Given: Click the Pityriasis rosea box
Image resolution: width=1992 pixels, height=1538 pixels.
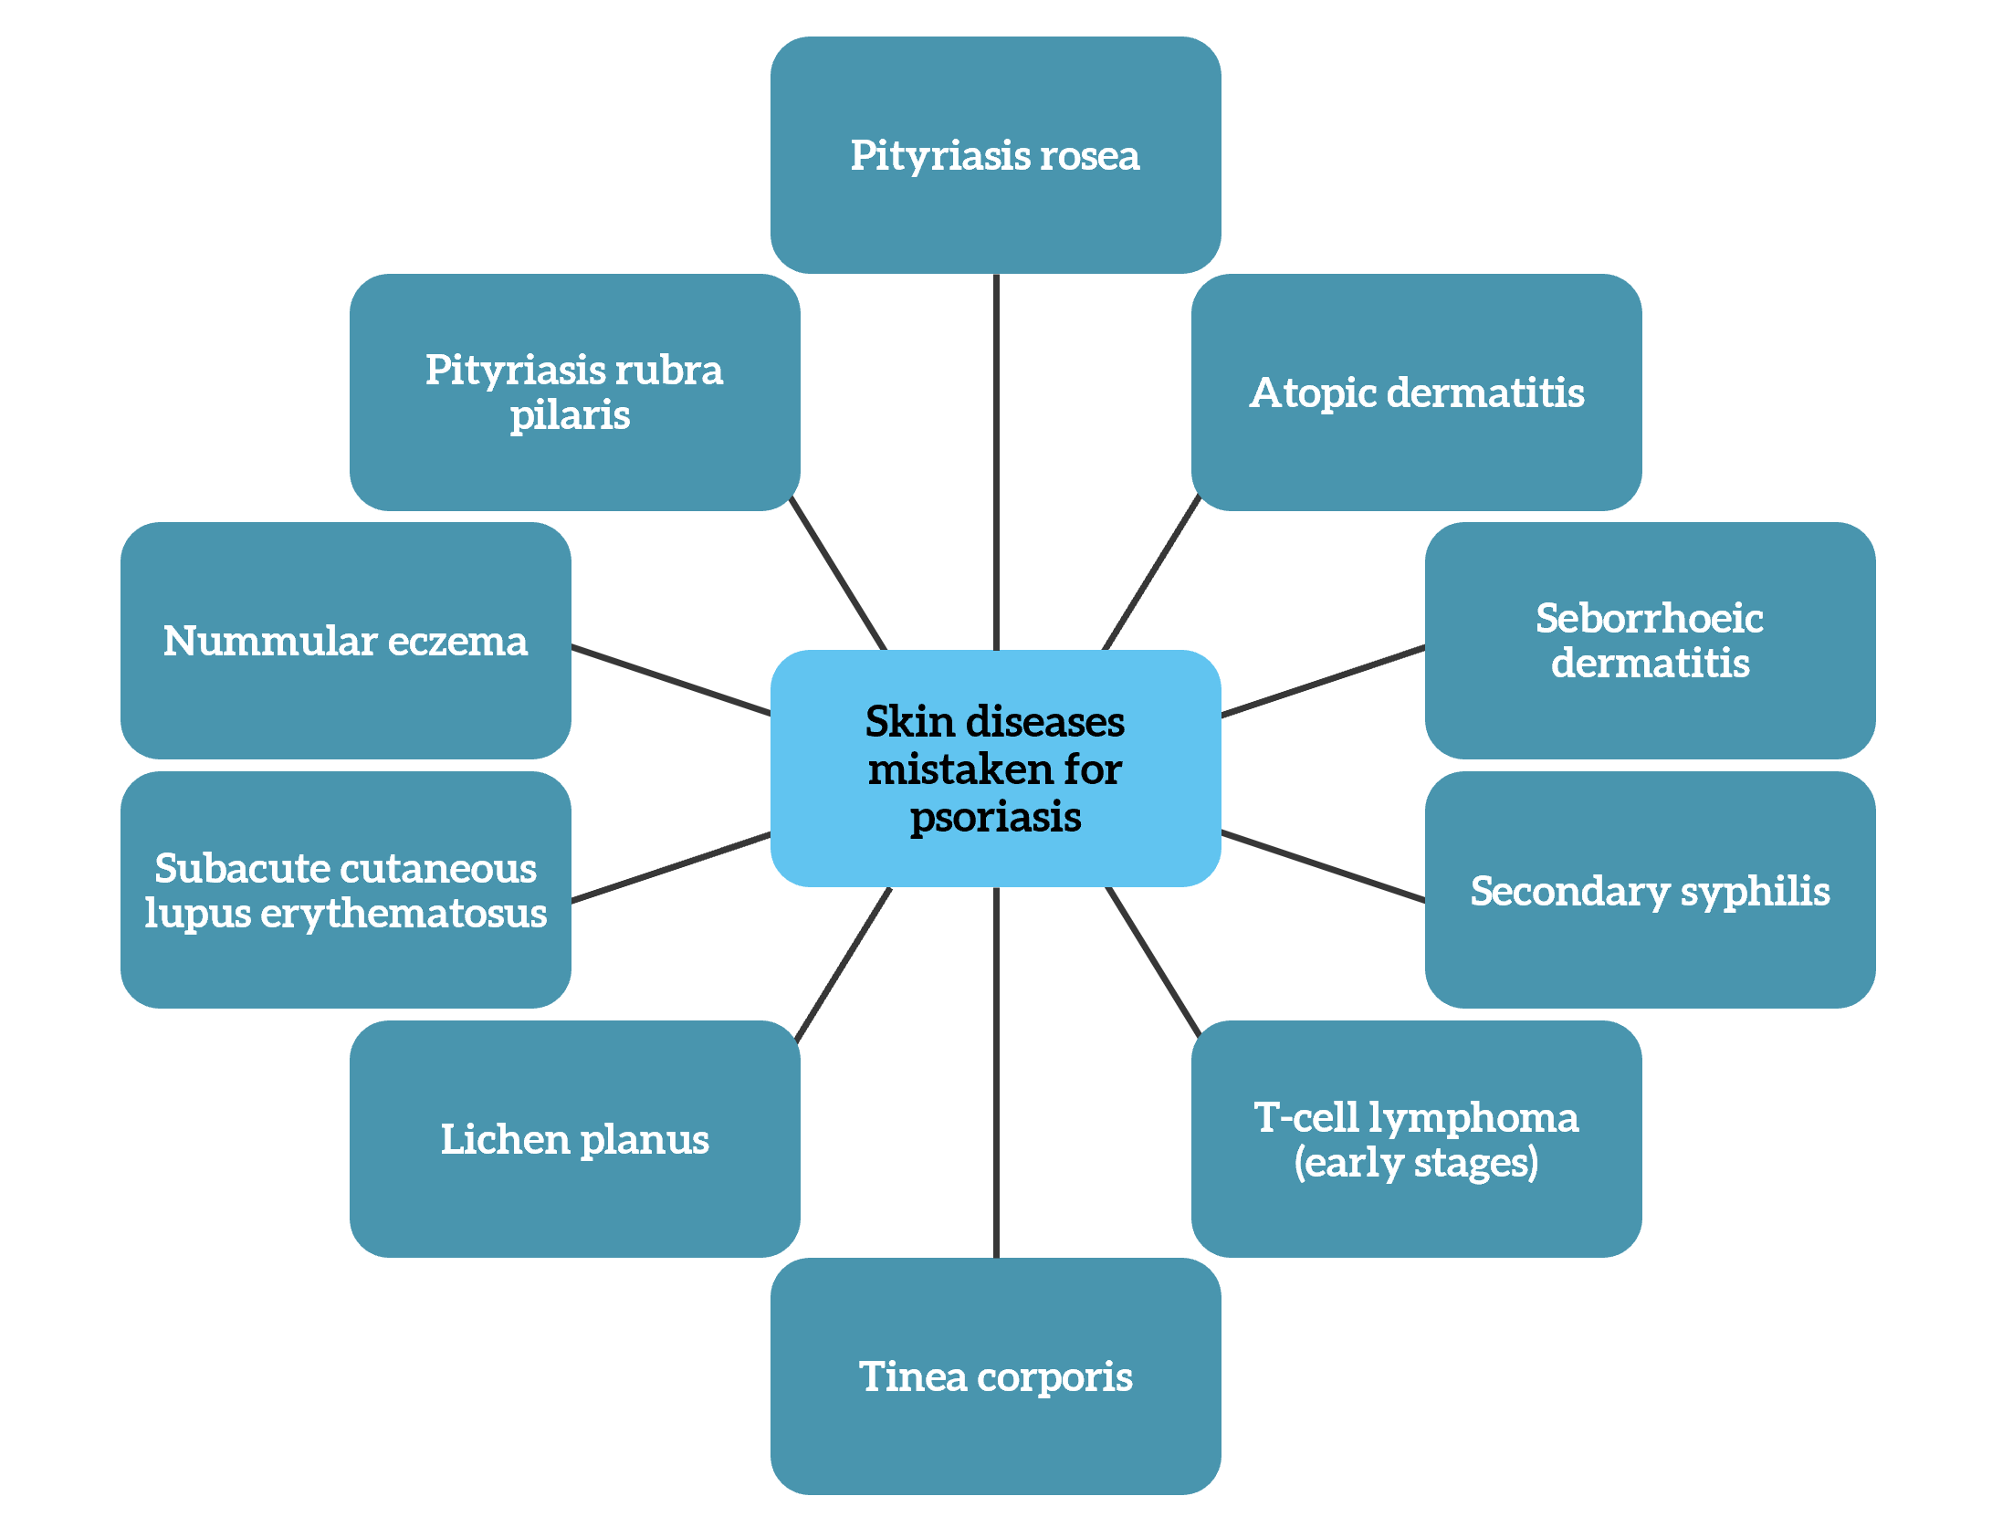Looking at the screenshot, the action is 995,155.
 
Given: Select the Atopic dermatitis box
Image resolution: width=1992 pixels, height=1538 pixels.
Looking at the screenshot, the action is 1416,392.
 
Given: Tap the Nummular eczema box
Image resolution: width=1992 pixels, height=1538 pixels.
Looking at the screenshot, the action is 346,641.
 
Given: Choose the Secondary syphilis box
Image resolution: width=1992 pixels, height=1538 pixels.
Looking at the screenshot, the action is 1650,890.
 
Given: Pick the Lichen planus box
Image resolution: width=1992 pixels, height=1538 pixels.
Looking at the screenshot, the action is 575,1139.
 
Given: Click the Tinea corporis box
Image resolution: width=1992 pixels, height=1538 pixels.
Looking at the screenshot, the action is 995,1376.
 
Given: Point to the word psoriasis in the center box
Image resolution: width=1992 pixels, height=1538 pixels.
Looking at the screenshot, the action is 995,818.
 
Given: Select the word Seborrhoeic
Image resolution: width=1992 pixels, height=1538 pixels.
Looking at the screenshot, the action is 1650,618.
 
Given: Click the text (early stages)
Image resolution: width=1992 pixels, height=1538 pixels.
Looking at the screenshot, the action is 1416,1163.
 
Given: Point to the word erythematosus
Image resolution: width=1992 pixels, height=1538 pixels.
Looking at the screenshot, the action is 404,914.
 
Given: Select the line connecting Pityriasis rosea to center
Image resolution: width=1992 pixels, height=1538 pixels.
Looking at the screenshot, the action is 996,462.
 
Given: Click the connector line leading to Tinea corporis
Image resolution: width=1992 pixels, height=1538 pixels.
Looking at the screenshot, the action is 996,1072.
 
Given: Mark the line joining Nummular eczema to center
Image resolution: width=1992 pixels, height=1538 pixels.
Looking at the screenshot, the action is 671,680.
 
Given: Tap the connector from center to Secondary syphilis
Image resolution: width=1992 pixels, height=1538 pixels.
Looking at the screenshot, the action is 1324,866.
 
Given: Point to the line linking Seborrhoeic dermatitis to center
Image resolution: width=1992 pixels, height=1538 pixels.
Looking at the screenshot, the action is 1324,681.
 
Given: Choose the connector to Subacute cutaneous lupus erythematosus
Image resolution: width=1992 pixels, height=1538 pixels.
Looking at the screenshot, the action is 671,867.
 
